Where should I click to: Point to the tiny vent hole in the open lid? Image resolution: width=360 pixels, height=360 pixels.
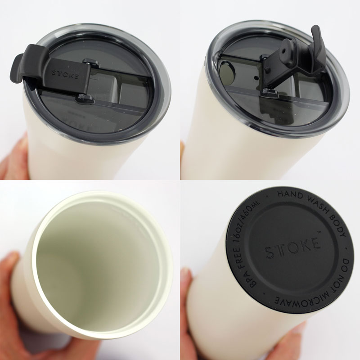256,77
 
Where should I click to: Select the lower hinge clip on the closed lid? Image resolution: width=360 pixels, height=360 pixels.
85,98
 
